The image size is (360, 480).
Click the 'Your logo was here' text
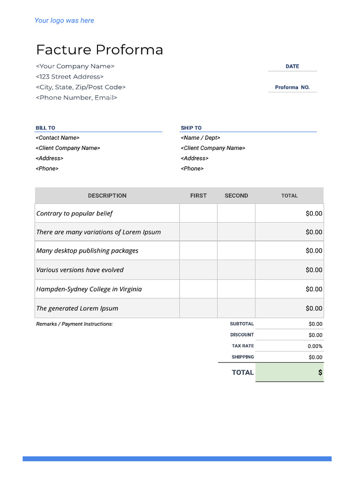point(64,21)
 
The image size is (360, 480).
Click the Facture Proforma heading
point(99,50)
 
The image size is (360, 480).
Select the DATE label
point(292,67)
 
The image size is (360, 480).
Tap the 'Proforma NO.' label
point(292,88)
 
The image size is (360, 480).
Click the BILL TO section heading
point(45,128)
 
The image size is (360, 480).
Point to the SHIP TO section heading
point(191,128)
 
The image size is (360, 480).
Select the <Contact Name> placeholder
point(58,138)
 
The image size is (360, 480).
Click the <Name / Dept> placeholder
point(200,138)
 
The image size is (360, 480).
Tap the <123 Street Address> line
point(70,77)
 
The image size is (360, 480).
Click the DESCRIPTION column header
point(107,196)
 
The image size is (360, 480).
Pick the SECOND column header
point(236,196)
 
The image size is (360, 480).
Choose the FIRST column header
point(198,196)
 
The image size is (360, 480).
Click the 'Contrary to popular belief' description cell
point(75,213)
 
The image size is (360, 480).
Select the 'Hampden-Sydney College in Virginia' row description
point(89,289)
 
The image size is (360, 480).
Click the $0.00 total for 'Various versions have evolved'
point(314,270)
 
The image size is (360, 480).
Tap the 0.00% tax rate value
point(315,346)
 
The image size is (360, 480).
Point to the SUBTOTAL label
point(242,324)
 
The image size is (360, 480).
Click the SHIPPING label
point(243,357)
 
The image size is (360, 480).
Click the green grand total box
point(289,373)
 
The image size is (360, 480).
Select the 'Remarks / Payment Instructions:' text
point(75,324)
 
